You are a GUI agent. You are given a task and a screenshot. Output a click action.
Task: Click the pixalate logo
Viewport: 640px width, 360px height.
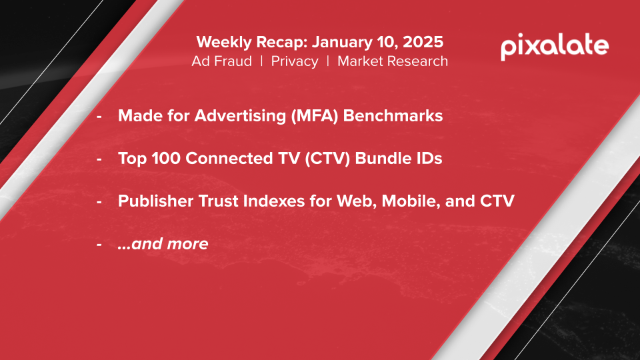555,47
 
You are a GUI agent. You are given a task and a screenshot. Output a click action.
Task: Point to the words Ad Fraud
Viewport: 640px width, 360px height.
221,61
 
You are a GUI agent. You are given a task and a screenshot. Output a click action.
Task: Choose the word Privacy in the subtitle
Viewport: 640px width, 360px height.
294,61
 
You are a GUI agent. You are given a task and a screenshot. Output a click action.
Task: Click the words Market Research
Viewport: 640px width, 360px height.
393,61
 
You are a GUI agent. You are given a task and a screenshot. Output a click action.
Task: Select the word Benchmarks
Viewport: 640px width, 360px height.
393,115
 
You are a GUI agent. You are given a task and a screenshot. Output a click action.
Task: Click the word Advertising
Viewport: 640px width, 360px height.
241,116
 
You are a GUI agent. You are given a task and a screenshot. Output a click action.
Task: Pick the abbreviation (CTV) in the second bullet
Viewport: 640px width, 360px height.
327,159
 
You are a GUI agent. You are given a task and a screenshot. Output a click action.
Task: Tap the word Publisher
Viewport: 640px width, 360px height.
155,201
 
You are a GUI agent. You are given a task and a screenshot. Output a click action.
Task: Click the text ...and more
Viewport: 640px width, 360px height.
163,244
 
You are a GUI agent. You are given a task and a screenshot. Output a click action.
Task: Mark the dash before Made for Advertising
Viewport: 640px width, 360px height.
99,117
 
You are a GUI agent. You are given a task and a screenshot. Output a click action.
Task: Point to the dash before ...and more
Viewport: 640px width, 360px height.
99,245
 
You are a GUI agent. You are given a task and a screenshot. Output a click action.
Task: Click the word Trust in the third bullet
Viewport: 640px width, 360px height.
218,201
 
